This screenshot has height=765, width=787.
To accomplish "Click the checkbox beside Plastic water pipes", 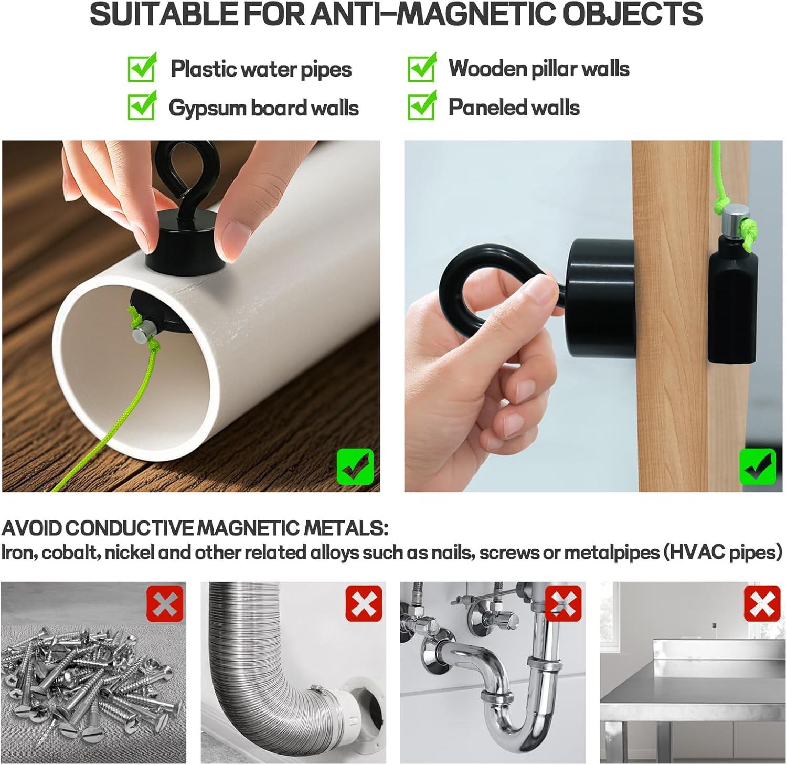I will coord(142,69).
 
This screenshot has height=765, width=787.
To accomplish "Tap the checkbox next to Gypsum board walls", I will coord(142,107).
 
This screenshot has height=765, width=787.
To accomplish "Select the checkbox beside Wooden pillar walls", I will coord(421,69).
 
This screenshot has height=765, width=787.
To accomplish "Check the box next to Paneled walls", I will coord(421,107).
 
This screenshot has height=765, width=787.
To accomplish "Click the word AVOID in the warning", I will coord(31,528).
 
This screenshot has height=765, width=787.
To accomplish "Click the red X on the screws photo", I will coord(165,604).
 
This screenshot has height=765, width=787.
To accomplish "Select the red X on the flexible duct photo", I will coord(364,604).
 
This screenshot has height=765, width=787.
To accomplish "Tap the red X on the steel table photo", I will coord(762,604).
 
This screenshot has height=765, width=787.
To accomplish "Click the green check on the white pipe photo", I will coord(355,467).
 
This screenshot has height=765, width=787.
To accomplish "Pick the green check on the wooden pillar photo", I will coord(757,467).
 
